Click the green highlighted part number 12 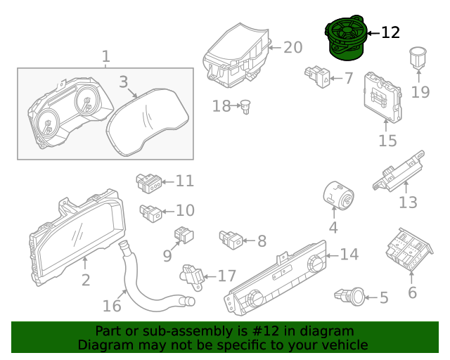coord(347,41)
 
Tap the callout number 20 coord(292,47)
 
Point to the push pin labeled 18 coord(246,106)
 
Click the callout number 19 coord(420,92)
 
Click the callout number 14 coord(349,255)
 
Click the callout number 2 coord(86,281)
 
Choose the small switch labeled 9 coord(185,235)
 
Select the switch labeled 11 coord(148,183)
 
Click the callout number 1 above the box coord(105,56)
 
